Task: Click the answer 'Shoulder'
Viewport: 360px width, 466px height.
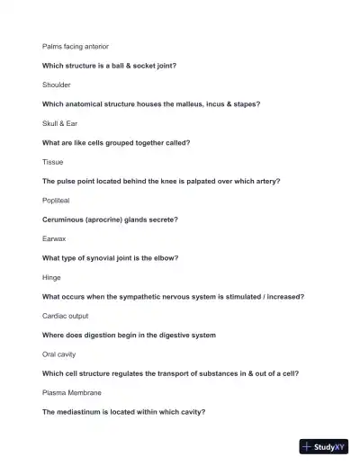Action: [57, 85]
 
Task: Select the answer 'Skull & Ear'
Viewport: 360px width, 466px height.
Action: [60, 123]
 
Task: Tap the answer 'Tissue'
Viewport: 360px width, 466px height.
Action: [53, 162]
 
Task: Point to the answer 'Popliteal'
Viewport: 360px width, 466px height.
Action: [57, 201]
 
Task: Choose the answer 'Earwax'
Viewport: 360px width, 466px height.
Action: [54, 239]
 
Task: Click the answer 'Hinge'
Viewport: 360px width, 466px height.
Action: [52, 278]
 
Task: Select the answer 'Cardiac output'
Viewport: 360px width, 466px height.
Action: [66, 317]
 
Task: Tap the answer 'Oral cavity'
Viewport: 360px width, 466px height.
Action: [59, 354]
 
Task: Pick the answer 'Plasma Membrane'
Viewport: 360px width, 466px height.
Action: [72, 393]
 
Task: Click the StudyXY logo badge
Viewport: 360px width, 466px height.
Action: [324, 446]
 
